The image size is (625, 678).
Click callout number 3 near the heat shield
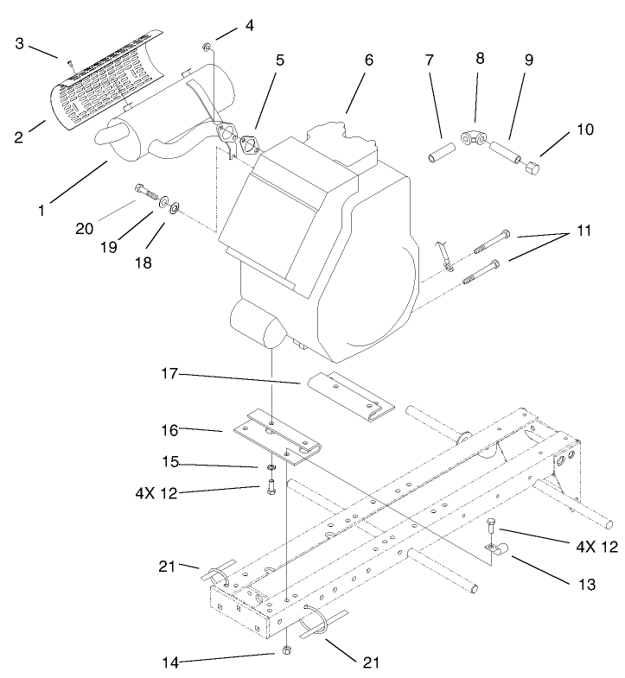(18, 43)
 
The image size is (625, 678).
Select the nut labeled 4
(207, 45)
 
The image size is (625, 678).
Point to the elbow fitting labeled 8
(475, 136)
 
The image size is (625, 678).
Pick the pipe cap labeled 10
(533, 164)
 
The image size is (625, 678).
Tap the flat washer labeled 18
(175, 207)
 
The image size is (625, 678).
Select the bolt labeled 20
(143, 191)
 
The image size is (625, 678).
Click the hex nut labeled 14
(287, 648)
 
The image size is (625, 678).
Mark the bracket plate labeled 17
(348, 392)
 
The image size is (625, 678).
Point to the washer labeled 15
(271, 468)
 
